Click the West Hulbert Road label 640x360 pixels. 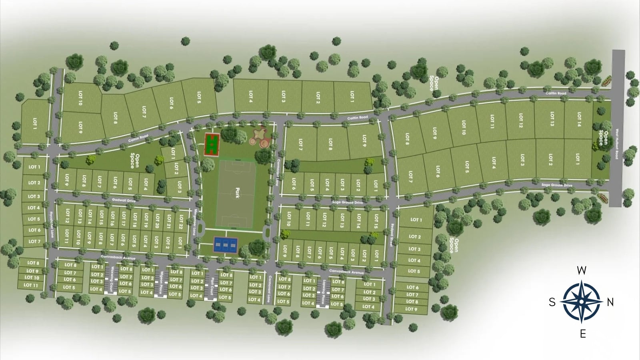(617, 143)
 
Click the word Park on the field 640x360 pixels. (237, 193)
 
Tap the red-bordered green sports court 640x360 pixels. (212, 144)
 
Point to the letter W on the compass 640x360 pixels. (582, 270)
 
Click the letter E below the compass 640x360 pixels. (583, 334)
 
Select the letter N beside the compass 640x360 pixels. (610, 302)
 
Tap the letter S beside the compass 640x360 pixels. (552, 302)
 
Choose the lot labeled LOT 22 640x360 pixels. (181, 220)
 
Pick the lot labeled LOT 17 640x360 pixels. (124, 219)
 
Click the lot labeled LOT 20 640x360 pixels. (158, 220)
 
